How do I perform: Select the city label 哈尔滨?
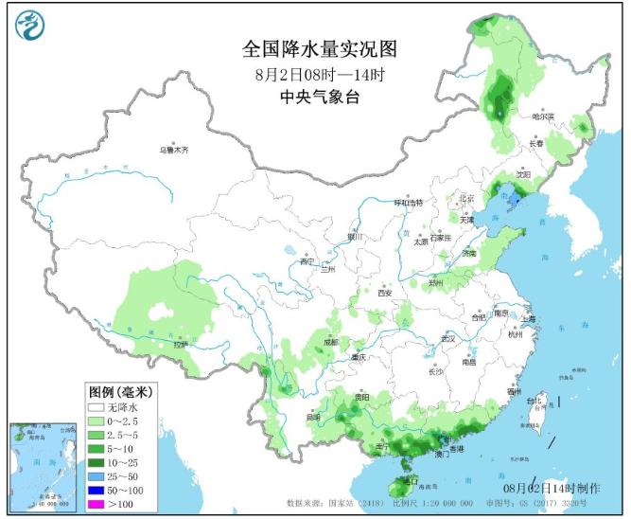pos(543,116)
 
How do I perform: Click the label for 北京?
pos(465,198)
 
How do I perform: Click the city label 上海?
pos(527,319)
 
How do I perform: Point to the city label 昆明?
pos(313,417)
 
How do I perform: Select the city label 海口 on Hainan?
pos(410,481)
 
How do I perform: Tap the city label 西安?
pos(384,294)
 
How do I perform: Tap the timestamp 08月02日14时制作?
pos(551,487)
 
